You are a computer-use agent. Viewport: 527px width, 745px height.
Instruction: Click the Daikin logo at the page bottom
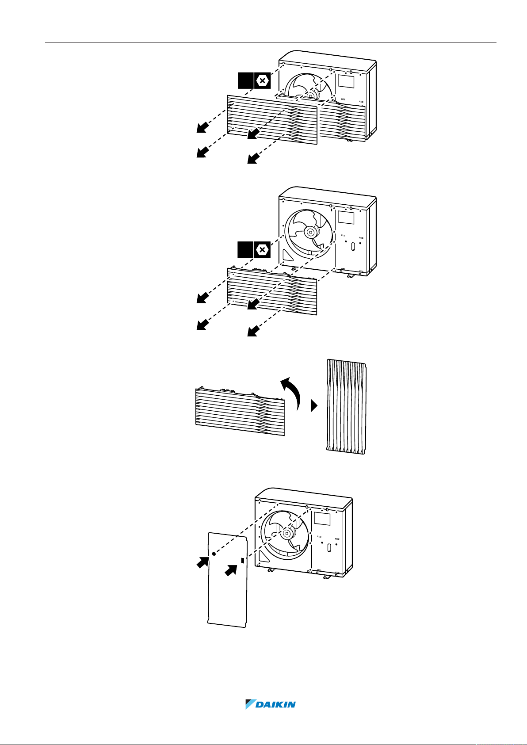click(270, 704)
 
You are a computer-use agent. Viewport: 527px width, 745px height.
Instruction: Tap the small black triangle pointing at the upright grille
click(314, 406)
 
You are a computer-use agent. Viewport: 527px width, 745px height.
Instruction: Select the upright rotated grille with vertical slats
click(347, 406)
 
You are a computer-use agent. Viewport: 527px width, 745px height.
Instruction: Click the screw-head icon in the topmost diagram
click(262, 80)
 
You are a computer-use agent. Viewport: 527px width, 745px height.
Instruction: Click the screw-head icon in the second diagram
click(262, 250)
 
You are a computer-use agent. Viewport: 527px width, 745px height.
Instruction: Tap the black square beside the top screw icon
click(246, 80)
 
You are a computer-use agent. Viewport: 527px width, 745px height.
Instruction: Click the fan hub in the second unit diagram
click(310, 232)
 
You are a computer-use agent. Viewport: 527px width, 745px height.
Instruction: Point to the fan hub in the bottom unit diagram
click(286, 534)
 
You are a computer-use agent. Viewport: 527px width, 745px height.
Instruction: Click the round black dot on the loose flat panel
click(214, 554)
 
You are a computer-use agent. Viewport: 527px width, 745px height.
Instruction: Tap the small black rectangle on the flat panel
click(243, 561)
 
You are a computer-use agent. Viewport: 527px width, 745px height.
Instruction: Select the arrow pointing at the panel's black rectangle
click(231, 570)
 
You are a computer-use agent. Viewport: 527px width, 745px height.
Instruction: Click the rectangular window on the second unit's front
click(346, 218)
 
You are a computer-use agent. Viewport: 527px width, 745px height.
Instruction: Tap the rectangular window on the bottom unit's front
click(322, 519)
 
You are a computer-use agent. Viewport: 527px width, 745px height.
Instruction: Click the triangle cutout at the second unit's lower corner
click(288, 255)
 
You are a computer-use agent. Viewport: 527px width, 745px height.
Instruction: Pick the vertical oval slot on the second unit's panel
click(353, 246)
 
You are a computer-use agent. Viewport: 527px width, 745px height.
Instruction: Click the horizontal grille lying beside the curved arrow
click(240, 411)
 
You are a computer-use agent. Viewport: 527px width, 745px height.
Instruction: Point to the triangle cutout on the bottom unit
click(264, 556)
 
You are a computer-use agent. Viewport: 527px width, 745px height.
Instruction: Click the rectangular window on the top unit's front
click(346, 81)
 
